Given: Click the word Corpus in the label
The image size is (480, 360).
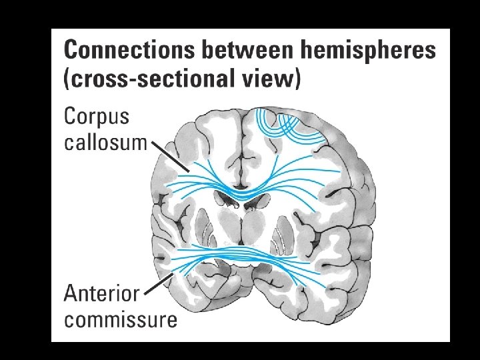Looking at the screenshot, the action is (97, 117).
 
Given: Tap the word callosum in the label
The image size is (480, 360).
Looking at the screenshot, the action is (105, 142).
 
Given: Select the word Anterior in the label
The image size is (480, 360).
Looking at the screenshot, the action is (102, 293).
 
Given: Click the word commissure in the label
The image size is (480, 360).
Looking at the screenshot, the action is (121, 319).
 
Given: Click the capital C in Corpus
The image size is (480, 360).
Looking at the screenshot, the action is (71, 117).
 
